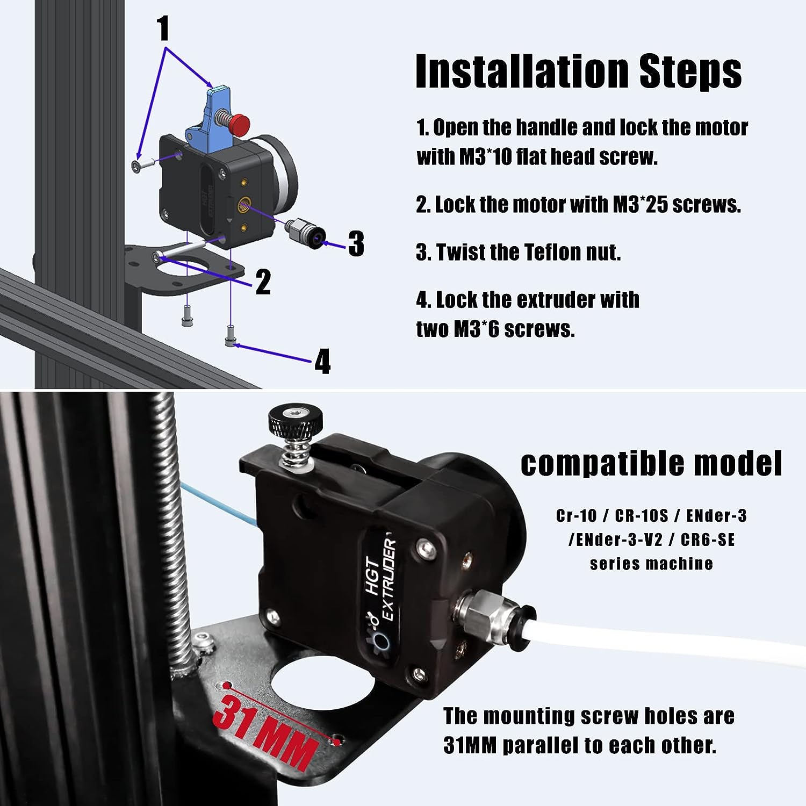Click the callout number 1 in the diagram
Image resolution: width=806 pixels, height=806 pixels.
(163, 29)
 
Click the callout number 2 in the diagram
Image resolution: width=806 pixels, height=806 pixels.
(263, 282)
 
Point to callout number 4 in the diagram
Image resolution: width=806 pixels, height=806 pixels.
(322, 361)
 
